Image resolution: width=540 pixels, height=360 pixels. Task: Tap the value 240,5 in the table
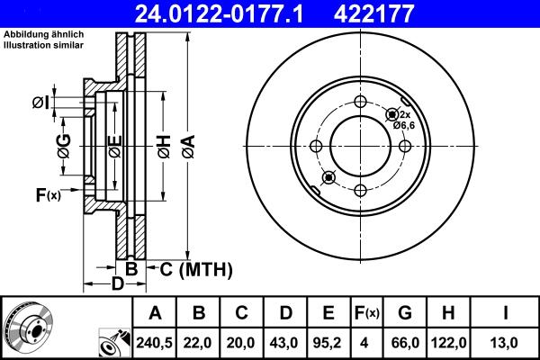click(x=155, y=342)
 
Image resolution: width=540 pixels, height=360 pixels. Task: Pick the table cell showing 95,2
click(x=328, y=342)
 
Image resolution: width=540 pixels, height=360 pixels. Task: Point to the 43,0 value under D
click(x=284, y=342)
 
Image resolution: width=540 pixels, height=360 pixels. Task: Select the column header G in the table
click(x=405, y=313)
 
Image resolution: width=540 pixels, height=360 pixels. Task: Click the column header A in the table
click(x=155, y=313)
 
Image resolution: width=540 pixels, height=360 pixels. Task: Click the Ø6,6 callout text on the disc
click(x=403, y=125)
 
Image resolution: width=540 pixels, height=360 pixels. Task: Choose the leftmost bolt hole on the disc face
click(x=316, y=146)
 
